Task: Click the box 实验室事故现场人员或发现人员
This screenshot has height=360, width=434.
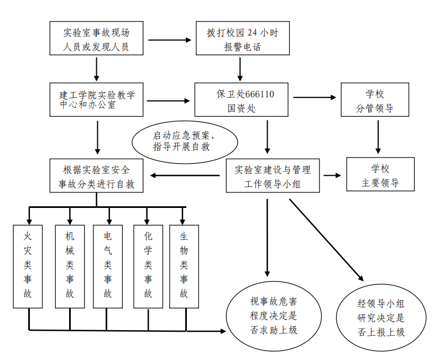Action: (97, 39)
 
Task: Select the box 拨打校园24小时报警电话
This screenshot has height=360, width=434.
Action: (243, 39)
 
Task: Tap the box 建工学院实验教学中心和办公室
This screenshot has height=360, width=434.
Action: (97, 100)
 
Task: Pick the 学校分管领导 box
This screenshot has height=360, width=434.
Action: (374, 100)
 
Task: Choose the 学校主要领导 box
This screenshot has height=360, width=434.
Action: (380, 175)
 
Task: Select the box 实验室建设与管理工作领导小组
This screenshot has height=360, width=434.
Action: (273, 176)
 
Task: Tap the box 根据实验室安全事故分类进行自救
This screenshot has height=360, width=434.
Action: (97, 176)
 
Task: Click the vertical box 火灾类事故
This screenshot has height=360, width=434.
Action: (28, 265)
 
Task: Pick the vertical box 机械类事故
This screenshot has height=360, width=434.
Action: (70, 265)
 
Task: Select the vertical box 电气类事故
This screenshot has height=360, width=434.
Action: (108, 265)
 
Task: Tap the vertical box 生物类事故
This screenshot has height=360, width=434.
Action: (184, 265)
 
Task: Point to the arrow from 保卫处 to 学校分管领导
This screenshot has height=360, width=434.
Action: (315, 97)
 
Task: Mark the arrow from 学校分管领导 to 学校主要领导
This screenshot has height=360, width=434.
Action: (378, 136)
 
